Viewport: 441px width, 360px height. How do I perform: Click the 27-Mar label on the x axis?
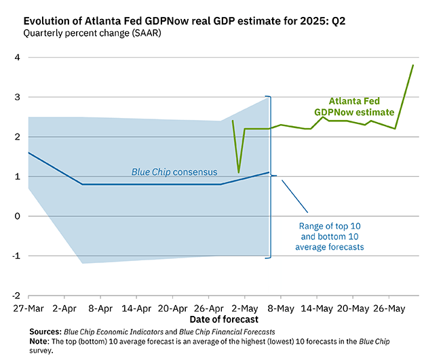(x=28, y=308)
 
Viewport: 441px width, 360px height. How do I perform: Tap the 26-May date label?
(x=389, y=308)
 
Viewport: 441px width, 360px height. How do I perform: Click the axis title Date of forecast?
(x=225, y=319)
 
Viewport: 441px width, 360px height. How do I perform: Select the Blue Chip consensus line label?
(x=170, y=172)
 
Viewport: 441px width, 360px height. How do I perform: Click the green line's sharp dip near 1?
(x=238, y=172)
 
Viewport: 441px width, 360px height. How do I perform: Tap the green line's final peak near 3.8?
(x=413, y=65)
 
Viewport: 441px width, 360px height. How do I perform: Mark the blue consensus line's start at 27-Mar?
(x=28, y=153)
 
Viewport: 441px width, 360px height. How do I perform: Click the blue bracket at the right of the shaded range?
(x=271, y=176)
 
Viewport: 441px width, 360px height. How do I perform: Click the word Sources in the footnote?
(x=45, y=331)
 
